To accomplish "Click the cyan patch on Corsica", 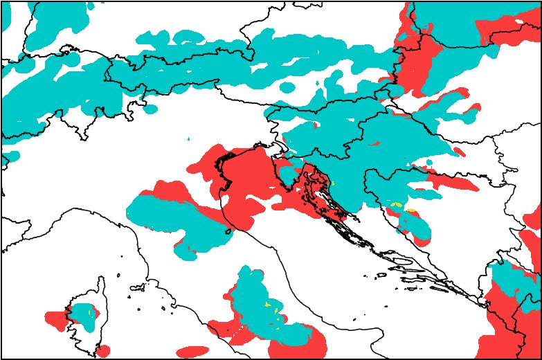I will tap(84, 312).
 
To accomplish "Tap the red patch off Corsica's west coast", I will tap(55, 320).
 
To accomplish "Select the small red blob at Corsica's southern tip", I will tap(102, 351).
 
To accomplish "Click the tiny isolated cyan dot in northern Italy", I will tap(188, 139).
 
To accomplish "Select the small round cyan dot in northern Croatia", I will tap(429, 163).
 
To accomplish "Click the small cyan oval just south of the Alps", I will tap(150, 109).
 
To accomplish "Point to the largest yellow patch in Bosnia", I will tap(410, 210).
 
